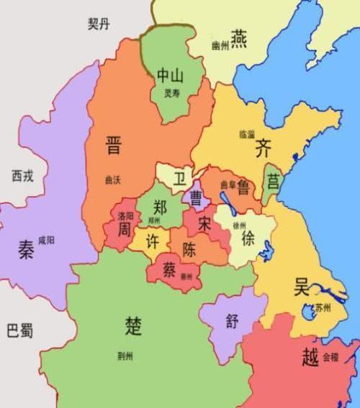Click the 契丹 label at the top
coord(99,25)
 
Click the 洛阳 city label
coord(125,216)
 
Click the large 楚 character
coord(133,326)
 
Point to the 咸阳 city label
coord(46,239)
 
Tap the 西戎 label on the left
coord(22,175)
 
